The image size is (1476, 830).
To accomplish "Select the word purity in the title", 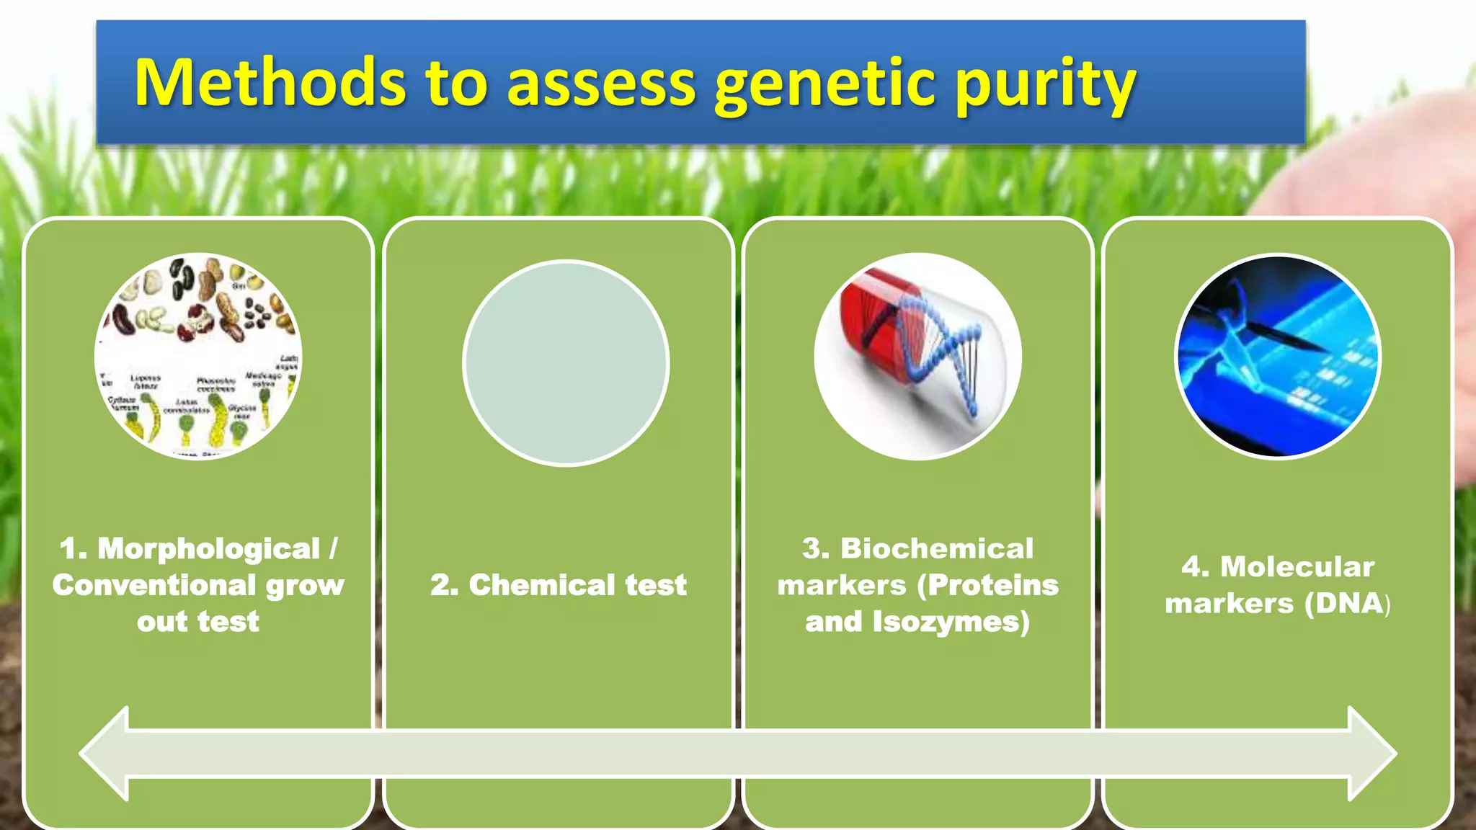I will (1045, 86).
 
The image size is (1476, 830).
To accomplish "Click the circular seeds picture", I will (198, 356).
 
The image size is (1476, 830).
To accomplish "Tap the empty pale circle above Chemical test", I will (566, 363).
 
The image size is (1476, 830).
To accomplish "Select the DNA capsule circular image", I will (917, 356).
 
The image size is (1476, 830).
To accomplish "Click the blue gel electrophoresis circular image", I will (1278, 356).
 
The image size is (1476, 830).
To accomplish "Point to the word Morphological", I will (209, 549).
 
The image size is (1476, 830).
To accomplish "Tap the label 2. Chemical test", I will (559, 585).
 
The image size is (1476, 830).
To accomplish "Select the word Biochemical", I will (937, 549).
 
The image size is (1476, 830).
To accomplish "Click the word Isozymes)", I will (951, 622).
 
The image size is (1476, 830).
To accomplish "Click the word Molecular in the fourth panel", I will (1297, 567).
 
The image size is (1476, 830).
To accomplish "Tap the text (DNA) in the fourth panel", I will (1348, 604).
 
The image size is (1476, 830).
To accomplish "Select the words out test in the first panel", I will (198, 622).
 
